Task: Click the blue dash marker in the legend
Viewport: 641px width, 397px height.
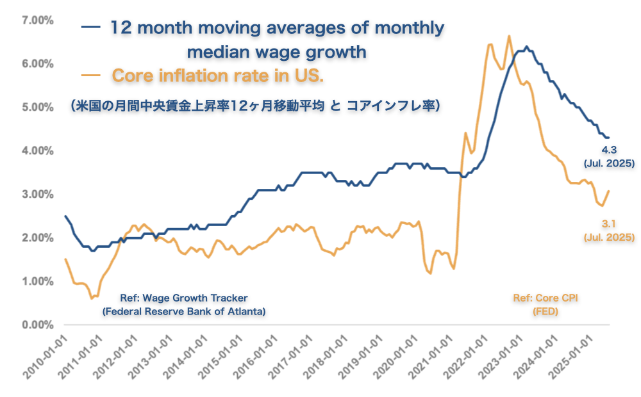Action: (x=91, y=28)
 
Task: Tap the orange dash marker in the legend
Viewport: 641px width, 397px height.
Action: (x=91, y=76)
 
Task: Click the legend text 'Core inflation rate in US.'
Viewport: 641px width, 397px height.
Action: (x=218, y=76)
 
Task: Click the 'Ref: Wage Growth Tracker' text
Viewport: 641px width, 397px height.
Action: (x=184, y=298)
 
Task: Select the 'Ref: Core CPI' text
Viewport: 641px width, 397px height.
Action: (x=545, y=298)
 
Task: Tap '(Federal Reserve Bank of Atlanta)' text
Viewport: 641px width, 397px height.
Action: (x=184, y=311)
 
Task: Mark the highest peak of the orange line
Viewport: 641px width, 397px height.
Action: (x=509, y=36)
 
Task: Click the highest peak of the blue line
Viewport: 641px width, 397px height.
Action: (x=526, y=47)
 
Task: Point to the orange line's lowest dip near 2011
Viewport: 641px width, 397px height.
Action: (x=92, y=298)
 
